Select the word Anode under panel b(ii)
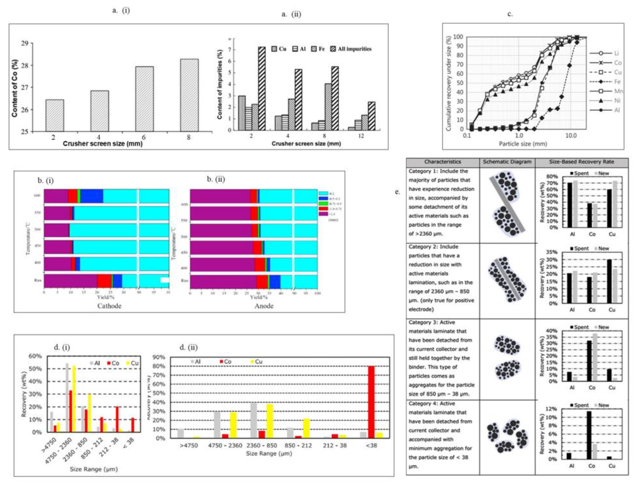tap(264, 306)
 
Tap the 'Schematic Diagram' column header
tap(507, 162)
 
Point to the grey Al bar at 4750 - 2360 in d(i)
tap(67, 398)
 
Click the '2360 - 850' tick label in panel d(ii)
tap(262, 445)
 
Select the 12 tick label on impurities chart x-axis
tap(361, 136)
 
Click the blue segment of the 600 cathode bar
tap(91, 196)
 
